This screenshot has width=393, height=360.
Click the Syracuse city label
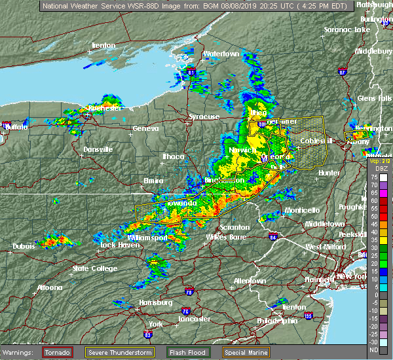point(204,117)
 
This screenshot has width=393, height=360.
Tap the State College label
point(90,268)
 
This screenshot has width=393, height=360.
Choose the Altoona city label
point(49,287)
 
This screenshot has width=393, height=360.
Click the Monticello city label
point(302,209)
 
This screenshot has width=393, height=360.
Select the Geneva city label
point(145,128)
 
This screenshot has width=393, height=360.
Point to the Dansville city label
point(98,149)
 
